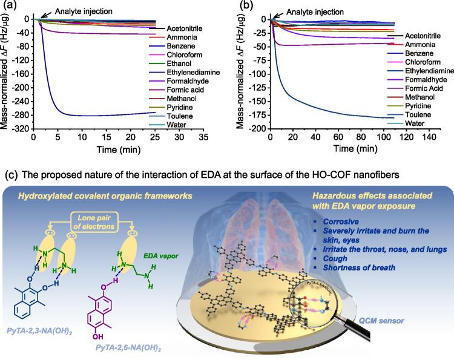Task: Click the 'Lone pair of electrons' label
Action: pyautogui.click(x=100, y=221)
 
